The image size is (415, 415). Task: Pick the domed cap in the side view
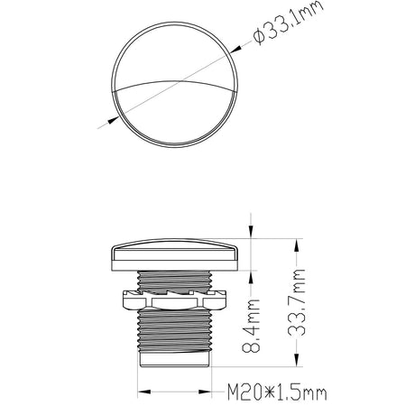click(x=173, y=254)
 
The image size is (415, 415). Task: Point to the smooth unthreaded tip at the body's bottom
click(x=173, y=360)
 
